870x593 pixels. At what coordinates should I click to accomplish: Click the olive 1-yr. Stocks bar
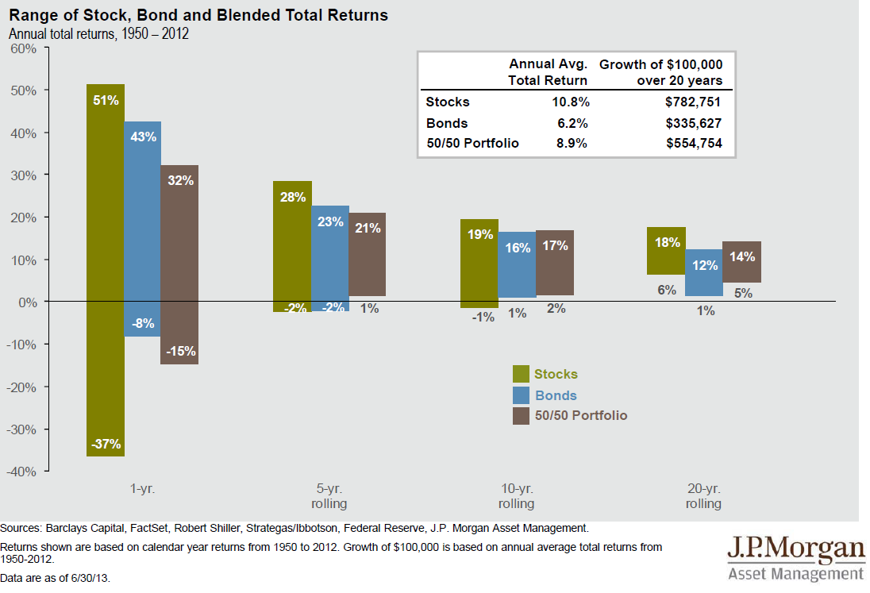(106, 270)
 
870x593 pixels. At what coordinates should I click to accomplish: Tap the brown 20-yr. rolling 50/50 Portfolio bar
(741, 262)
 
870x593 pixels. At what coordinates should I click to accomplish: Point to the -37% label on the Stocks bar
(105, 445)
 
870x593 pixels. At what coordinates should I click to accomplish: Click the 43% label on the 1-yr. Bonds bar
(143, 137)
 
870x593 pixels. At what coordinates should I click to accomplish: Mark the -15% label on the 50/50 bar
(180, 351)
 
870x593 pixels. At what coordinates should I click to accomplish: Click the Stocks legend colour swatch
(521, 374)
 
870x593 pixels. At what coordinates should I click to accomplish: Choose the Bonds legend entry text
(556, 395)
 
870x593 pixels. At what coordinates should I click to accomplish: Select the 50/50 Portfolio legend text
(581, 416)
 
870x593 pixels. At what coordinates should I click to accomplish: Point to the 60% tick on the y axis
(24, 48)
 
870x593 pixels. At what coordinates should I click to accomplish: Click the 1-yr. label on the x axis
(143, 489)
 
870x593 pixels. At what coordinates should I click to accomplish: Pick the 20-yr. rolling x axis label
(703, 496)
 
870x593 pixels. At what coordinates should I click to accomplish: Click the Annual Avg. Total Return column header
(548, 71)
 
